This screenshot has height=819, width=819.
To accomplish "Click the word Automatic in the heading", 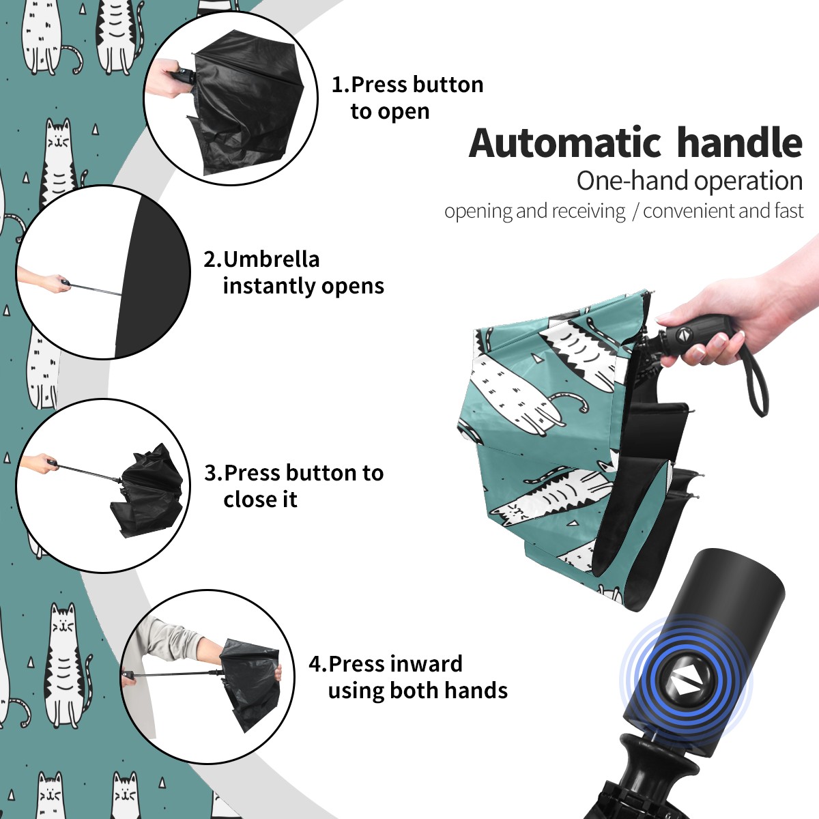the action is (565, 143).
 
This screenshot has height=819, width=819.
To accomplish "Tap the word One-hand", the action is (633, 181).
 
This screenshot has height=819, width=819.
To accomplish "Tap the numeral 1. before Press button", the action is (341, 85).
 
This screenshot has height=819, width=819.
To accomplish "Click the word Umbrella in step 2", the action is (271, 259).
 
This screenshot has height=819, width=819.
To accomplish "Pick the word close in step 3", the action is (247, 499).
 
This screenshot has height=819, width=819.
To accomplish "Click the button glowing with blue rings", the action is (684, 683).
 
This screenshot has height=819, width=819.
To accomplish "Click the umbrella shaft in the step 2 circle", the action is (95, 289).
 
